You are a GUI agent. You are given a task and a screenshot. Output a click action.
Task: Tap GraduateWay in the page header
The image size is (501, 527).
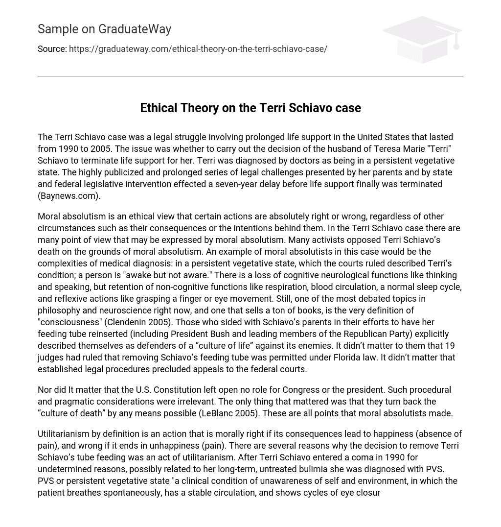click(135, 29)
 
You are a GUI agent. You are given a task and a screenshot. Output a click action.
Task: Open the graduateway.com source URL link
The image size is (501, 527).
click(198, 49)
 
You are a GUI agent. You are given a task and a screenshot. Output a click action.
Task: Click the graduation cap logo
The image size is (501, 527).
click(422, 39)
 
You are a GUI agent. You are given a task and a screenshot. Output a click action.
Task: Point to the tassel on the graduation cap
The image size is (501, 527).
click(456, 45)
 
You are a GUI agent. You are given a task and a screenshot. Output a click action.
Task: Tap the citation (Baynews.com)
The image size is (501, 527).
click(69, 196)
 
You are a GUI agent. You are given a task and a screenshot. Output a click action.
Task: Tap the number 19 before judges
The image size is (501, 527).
click(450, 346)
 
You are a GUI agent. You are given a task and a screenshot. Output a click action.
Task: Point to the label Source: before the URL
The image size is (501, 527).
click(52, 49)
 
